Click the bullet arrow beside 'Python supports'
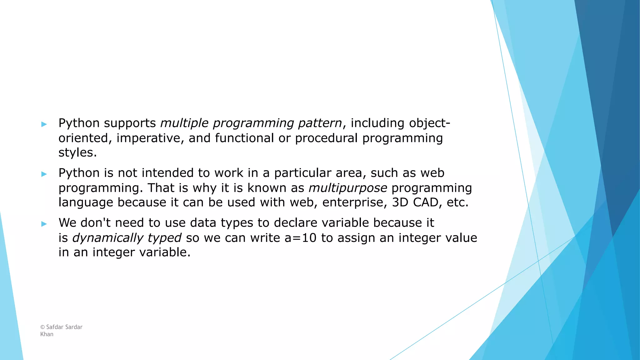click(44, 124)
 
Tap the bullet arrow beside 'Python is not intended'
click(44, 174)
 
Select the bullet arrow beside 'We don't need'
click(44, 224)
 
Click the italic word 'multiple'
click(184, 123)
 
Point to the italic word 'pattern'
click(320, 123)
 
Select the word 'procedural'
click(326, 138)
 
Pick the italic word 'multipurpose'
click(348, 188)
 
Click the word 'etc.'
click(457, 202)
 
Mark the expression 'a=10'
click(300, 238)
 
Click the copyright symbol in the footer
click(42, 327)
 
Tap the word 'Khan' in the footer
click(47, 334)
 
